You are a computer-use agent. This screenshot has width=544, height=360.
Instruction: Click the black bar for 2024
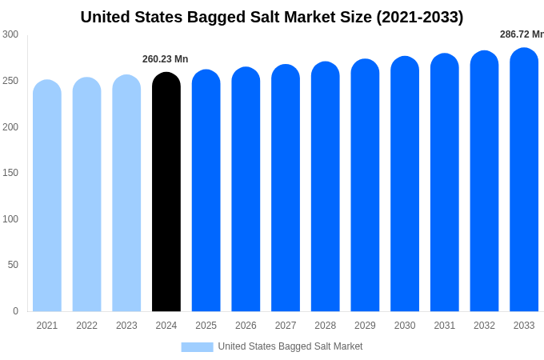(166, 192)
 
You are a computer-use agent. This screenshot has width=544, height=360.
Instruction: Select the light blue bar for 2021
(47, 196)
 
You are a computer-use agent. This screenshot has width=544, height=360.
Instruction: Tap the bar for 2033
(524, 180)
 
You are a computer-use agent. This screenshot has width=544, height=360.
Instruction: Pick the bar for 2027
(286, 188)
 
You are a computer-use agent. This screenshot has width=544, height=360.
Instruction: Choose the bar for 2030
(405, 184)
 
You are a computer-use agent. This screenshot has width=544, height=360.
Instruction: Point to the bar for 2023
(126, 194)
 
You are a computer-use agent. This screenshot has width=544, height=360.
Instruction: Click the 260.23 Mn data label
(166, 59)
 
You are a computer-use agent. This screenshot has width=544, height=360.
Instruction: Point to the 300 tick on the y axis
(10, 34)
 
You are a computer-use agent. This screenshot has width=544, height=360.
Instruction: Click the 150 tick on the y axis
(10, 173)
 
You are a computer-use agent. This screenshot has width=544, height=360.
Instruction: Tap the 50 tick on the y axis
(13, 265)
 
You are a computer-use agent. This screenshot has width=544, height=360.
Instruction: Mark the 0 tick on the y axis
(15, 311)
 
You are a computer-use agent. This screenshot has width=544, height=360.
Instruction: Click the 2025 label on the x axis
(206, 326)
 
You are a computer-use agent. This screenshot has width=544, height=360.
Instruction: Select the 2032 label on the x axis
(484, 326)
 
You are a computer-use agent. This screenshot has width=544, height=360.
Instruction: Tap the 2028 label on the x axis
(325, 326)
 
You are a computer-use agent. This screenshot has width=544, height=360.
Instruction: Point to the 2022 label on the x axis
(86, 326)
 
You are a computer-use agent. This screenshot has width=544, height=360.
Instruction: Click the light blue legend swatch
(197, 346)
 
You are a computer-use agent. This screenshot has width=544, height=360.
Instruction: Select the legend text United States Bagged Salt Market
(290, 346)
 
